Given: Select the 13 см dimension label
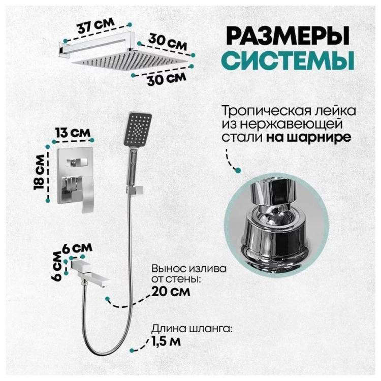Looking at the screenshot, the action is (x=73, y=133).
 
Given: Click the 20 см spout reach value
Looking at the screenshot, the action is (x=171, y=292).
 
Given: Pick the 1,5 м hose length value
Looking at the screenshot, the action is (x=166, y=341).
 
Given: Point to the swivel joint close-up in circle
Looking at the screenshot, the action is (x=276, y=224).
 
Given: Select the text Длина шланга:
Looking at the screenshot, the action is (x=192, y=329).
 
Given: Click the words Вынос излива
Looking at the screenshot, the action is (x=189, y=269).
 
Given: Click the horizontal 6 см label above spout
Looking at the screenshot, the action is (x=77, y=248).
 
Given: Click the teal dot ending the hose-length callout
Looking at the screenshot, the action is (x=132, y=351).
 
